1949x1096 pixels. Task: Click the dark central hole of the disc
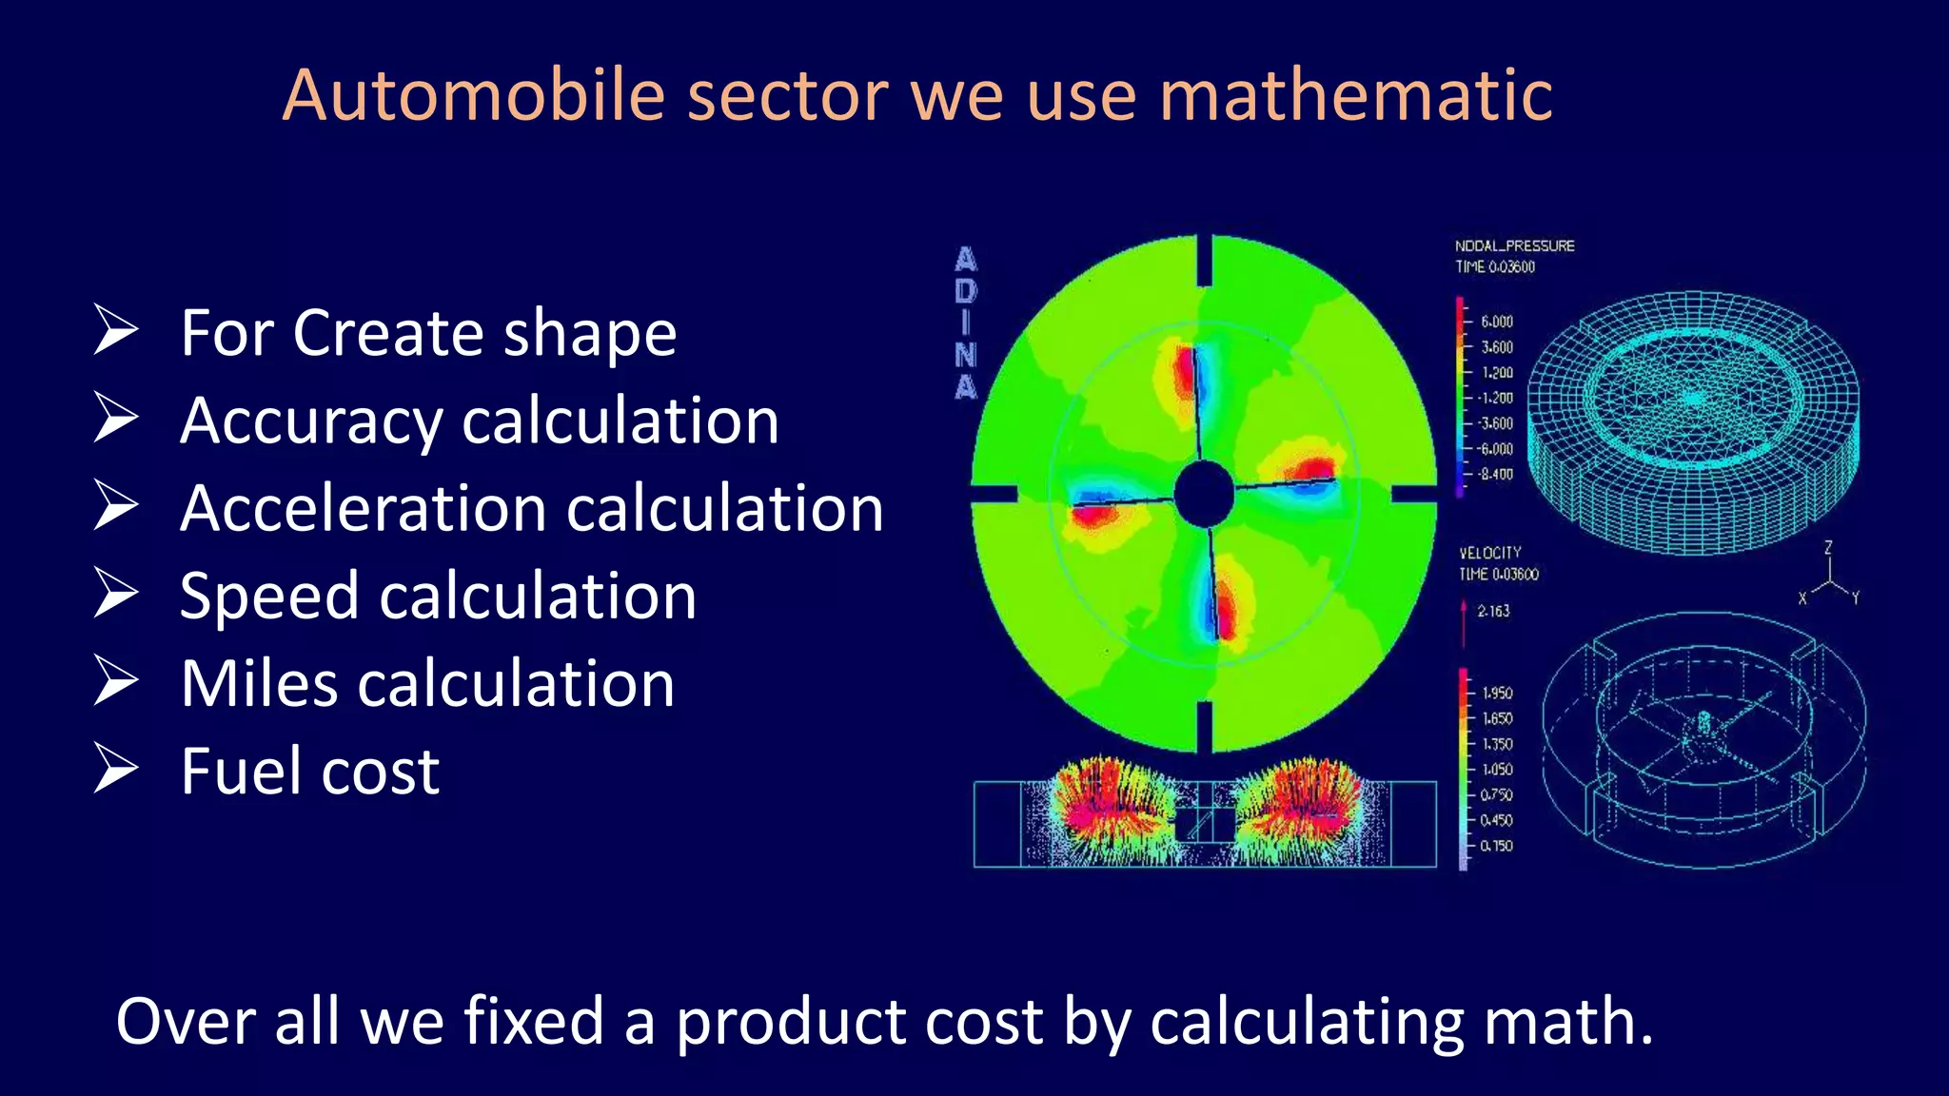coord(1203,493)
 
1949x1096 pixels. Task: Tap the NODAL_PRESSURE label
coord(1514,245)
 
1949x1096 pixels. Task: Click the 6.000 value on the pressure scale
coord(1496,322)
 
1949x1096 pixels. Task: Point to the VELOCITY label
coord(1490,553)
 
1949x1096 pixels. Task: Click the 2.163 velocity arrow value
coord(1493,611)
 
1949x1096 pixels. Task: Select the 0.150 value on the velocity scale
coord(1496,845)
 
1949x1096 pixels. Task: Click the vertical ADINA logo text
coord(966,323)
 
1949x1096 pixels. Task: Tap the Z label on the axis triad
coord(1827,548)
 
